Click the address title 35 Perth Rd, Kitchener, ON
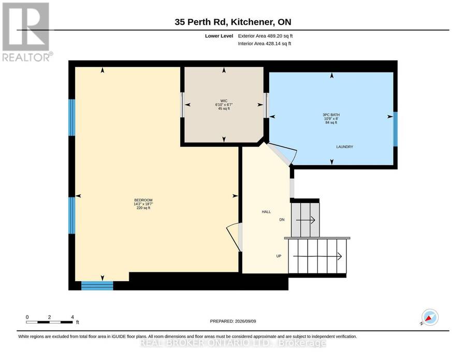coord(232,22)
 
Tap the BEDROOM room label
coord(143,200)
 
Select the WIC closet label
coord(224,101)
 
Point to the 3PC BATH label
coord(331,115)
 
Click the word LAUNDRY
coord(344,147)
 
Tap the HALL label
coord(266,212)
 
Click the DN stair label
coord(282,220)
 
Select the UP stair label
coord(279,256)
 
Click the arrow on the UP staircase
coord(317,256)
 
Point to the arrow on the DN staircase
coord(305,220)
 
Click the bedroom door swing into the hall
coord(234,237)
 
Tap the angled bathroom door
coord(281,154)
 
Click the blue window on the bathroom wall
coord(395,129)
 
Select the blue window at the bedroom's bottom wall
coord(97,285)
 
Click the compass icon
coord(430,318)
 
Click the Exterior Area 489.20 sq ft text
coord(266,36)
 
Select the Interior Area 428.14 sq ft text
coord(265,44)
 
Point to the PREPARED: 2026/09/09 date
coord(233,321)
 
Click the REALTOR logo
coord(27,32)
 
